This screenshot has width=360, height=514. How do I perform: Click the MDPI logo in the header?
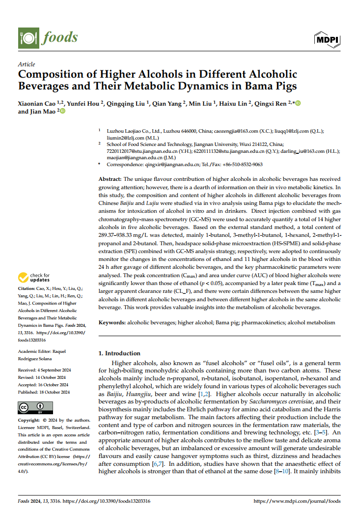[327, 39]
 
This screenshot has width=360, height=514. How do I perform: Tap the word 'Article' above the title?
[26, 64]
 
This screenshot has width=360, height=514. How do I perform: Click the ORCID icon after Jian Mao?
[62, 112]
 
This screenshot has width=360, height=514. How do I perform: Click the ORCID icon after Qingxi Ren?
[297, 103]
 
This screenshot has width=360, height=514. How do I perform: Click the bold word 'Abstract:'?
[110, 180]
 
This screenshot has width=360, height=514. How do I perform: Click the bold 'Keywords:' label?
[112, 322]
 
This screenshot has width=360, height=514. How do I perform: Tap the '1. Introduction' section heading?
[119, 353]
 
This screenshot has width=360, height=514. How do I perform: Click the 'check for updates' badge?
[34, 278]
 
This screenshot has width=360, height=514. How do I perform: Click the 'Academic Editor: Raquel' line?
[41, 351]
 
